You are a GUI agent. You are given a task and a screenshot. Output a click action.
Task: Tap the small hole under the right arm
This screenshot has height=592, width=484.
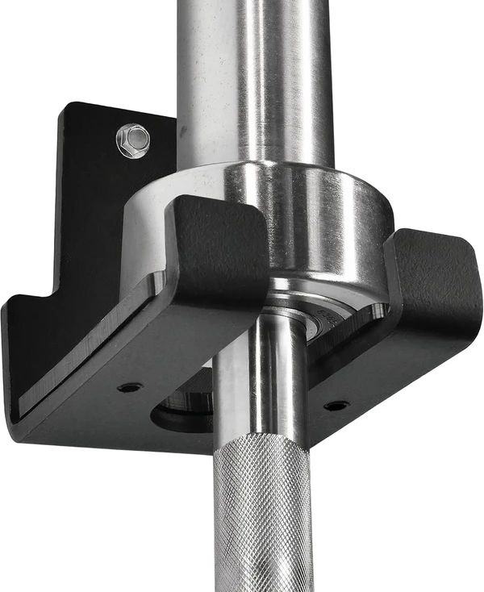337,404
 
